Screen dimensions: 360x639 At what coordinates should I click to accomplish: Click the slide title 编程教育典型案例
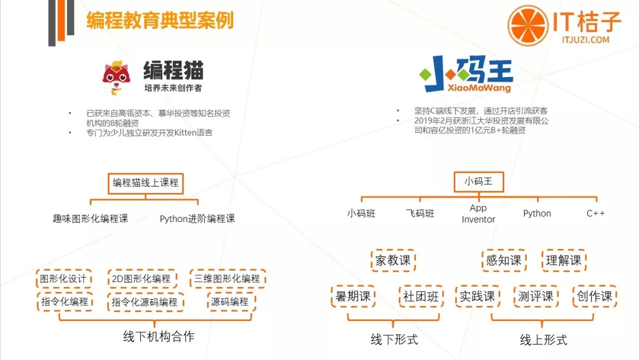click(160, 21)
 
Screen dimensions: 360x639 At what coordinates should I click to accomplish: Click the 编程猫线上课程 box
click(146, 183)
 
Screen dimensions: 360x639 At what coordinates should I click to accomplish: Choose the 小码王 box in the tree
click(478, 182)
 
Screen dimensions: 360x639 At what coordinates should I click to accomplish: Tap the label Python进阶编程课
click(197, 218)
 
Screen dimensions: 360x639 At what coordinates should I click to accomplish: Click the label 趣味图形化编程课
click(90, 218)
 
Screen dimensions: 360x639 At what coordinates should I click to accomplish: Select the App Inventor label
click(478, 214)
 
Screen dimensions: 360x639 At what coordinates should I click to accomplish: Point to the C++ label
click(595, 213)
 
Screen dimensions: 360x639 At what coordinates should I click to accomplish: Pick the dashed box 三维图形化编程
click(227, 278)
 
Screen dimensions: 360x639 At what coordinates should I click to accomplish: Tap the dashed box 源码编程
click(230, 301)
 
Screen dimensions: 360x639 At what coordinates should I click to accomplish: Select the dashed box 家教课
click(393, 261)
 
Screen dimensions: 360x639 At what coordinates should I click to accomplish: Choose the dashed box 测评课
click(535, 297)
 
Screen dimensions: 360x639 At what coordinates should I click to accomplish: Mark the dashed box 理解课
click(563, 261)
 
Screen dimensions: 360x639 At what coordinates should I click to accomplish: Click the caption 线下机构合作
click(158, 337)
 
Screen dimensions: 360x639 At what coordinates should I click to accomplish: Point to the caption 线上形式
click(543, 339)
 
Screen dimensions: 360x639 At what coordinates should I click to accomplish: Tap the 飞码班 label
click(420, 213)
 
